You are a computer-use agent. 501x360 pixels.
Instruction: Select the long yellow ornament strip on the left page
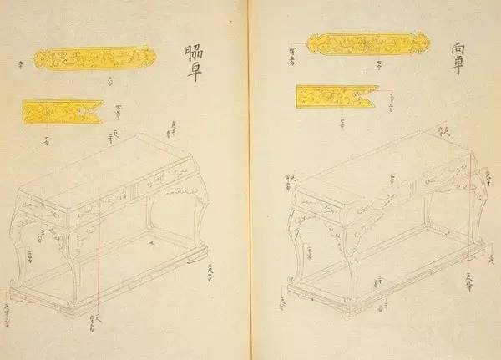pyautogui.click(x=94, y=58)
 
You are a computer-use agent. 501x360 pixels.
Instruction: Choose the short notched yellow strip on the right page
pyautogui.click(x=334, y=96)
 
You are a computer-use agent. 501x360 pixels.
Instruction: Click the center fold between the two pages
pyautogui.click(x=250, y=180)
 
